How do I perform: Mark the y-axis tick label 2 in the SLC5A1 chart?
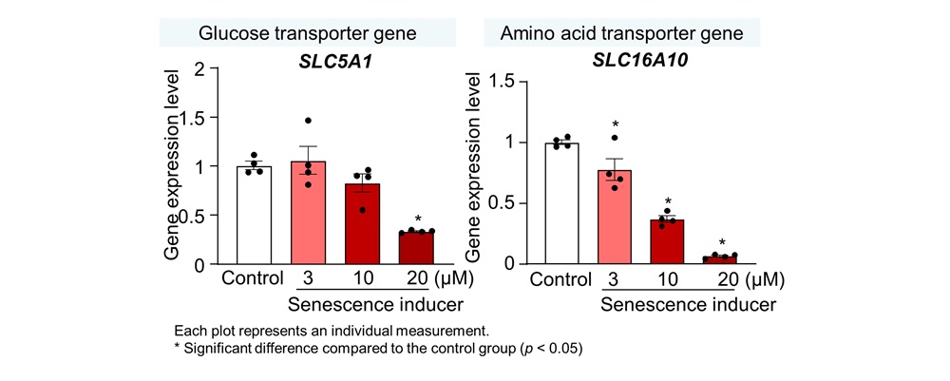point(199,69)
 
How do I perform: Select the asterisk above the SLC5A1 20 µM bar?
point(418,219)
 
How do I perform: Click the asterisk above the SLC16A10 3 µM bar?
point(616,124)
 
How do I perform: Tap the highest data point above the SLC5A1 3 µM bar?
point(309,121)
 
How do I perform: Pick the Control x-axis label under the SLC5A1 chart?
point(254,279)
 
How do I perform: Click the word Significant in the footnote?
point(222,348)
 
